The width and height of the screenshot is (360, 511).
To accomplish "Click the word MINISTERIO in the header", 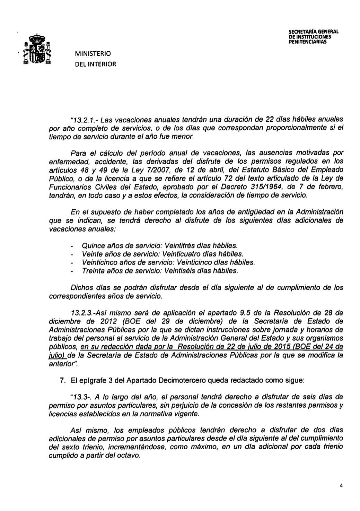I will tap(93, 54).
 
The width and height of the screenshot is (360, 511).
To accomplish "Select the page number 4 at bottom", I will tap(341, 486).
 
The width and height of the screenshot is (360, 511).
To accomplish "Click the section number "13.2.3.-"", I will tap(82, 313).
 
